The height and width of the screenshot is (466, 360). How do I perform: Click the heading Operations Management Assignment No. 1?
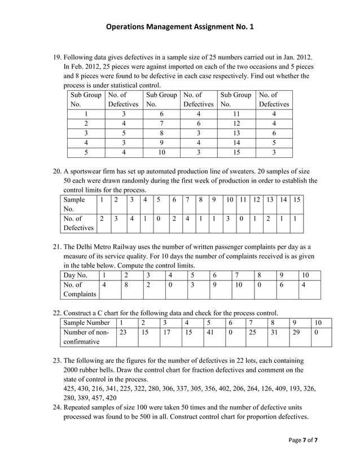(x=179, y=27)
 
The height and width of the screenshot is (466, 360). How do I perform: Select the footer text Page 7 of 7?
(x=303, y=440)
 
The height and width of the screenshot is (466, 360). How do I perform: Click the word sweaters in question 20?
(x=286, y=172)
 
